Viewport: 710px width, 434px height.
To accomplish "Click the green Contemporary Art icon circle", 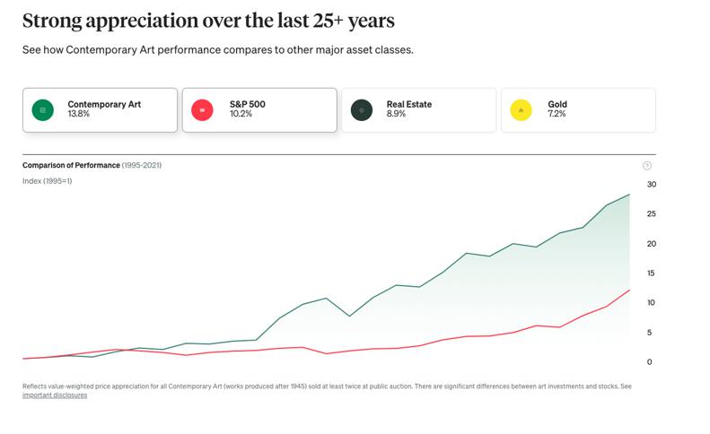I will coord(42,110).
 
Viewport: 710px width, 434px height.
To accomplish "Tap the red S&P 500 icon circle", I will coord(202,110).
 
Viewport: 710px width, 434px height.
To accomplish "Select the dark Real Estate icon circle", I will coord(362,110).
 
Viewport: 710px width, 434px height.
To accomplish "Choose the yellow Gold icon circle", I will coord(521,110).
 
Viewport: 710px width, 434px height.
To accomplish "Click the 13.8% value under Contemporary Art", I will coord(80,115).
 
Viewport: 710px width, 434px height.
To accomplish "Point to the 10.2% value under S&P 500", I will coord(240,115).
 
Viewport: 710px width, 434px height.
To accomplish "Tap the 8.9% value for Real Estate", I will coord(396,115).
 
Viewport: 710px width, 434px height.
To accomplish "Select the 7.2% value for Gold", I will coord(557,115).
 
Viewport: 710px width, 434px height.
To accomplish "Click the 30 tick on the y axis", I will coord(652,185).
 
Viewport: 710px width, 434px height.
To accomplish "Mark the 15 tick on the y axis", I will coord(652,273).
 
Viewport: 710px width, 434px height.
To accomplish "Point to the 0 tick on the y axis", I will coord(649,362).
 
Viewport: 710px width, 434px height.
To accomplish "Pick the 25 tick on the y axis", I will coord(652,214).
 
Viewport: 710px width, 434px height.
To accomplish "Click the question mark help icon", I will coord(647,166).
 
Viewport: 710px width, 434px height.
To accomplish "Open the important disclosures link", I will coord(55,395).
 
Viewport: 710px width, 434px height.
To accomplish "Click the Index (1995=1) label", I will coord(47,182).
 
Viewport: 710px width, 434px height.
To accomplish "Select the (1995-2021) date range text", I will coord(142,166).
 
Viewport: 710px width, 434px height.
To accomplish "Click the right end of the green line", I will coord(629,195).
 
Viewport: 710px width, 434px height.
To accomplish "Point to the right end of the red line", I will coord(629,291).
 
